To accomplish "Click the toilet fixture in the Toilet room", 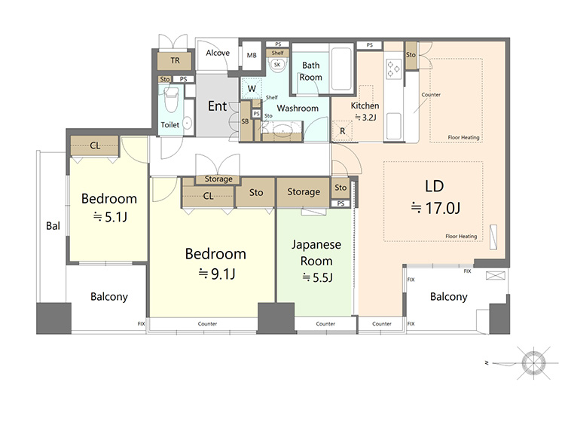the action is pos(171,99).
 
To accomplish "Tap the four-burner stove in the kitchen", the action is pos(393,69).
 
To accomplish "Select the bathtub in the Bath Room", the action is pos(341,68).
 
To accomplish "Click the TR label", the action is pos(175,60).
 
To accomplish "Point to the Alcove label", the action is pos(218,53).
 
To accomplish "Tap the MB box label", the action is pos(252,55).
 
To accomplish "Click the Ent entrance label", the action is pos(217,106).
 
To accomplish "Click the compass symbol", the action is pos(533,363).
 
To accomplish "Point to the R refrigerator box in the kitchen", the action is pos(342,131).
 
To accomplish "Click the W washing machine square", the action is pos(252,89).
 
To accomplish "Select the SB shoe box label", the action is pos(245,121).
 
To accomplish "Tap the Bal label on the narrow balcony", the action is pos(53,226).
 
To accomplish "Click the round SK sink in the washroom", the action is pos(277,65).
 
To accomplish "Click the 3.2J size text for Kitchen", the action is pos(365,117).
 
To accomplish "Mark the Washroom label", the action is pos(298,108).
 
